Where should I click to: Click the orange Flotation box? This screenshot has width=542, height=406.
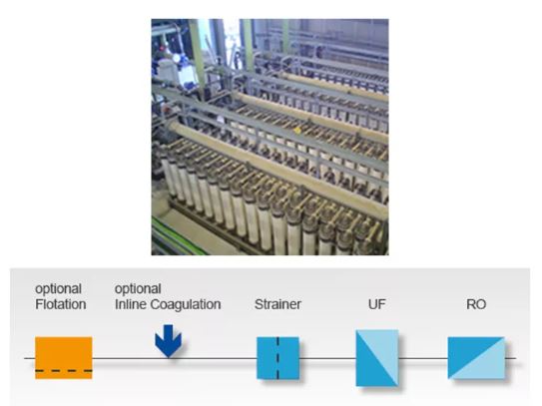tap(64, 358)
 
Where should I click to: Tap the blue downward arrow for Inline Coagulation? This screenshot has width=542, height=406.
tap(168, 341)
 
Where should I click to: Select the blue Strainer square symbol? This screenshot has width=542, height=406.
tap(277, 358)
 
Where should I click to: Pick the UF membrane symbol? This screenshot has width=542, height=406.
tap(377, 358)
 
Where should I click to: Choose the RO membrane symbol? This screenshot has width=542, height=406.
tap(476, 358)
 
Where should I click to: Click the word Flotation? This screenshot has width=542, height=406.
tap(61, 304)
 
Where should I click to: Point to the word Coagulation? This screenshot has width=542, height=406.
tap(186, 305)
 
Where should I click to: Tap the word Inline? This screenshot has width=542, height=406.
tap(131, 304)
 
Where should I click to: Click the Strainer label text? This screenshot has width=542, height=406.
tap(277, 304)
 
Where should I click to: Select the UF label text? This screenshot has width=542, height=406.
tap(376, 304)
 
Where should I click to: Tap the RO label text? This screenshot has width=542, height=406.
tap(476, 304)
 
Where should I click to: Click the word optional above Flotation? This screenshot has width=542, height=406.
tap(59, 289)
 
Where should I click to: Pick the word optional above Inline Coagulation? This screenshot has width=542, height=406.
tap(138, 289)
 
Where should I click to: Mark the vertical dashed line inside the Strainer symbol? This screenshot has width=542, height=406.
tap(277, 358)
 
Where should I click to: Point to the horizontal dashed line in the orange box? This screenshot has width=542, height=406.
tap(64, 371)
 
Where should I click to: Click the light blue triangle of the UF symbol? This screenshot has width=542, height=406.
tap(384, 349)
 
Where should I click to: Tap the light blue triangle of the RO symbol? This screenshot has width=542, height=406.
tap(486, 364)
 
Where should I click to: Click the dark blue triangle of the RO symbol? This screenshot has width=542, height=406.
tap(467, 351)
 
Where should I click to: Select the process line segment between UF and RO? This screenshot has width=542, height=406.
tap(423, 358)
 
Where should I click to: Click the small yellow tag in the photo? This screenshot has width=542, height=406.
tap(297, 130)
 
